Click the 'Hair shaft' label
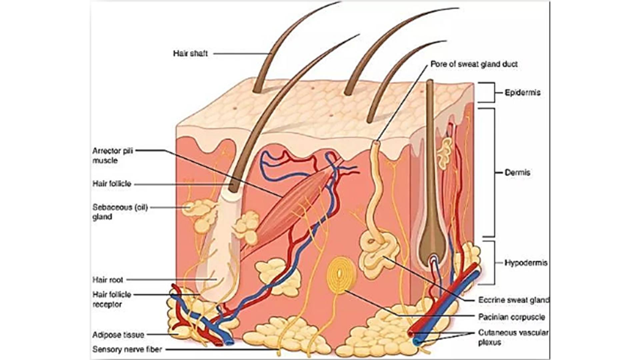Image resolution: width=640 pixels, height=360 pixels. [x=190, y=53]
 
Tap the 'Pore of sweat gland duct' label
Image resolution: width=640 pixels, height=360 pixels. [x=474, y=64]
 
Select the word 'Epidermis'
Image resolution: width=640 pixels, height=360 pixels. [x=522, y=93]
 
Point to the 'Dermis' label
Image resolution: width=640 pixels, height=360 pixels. [x=517, y=173]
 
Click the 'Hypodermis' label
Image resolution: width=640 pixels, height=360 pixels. [x=526, y=263]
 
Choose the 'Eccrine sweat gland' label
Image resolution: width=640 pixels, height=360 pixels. [x=513, y=300]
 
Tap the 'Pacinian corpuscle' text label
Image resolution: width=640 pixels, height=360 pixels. [x=511, y=317]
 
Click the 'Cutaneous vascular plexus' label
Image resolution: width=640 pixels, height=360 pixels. [x=513, y=337]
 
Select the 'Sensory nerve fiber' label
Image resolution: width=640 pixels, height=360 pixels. [x=127, y=349]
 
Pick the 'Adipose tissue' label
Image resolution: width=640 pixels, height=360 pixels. [x=118, y=335]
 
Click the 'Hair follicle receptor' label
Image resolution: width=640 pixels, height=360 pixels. [x=112, y=299]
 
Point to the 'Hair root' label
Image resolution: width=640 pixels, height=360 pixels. [x=107, y=280]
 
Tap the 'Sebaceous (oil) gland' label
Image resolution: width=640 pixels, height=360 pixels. [x=120, y=212]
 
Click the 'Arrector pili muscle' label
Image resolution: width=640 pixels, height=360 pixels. [x=112, y=155]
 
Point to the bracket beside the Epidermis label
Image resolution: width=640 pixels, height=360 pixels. [x=490, y=92]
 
